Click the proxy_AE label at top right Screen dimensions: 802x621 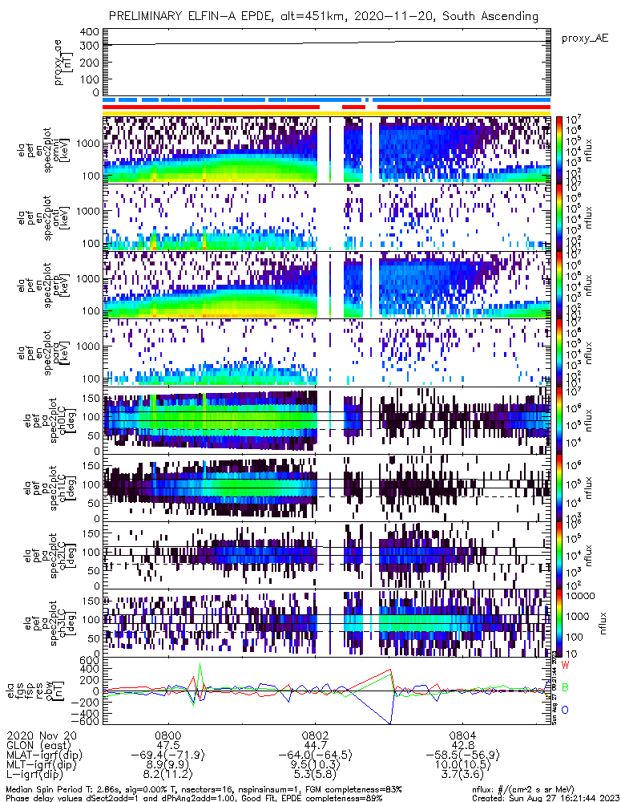click(x=584, y=38)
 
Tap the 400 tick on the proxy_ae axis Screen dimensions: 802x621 click(x=89, y=31)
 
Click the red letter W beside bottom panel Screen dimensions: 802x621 click(x=566, y=666)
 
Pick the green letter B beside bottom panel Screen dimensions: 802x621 click(x=565, y=687)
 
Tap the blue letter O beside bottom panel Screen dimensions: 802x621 click(x=565, y=710)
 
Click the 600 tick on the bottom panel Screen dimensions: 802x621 click(x=89, y=660)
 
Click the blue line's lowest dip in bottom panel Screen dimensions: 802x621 click(x=391, y=723)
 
